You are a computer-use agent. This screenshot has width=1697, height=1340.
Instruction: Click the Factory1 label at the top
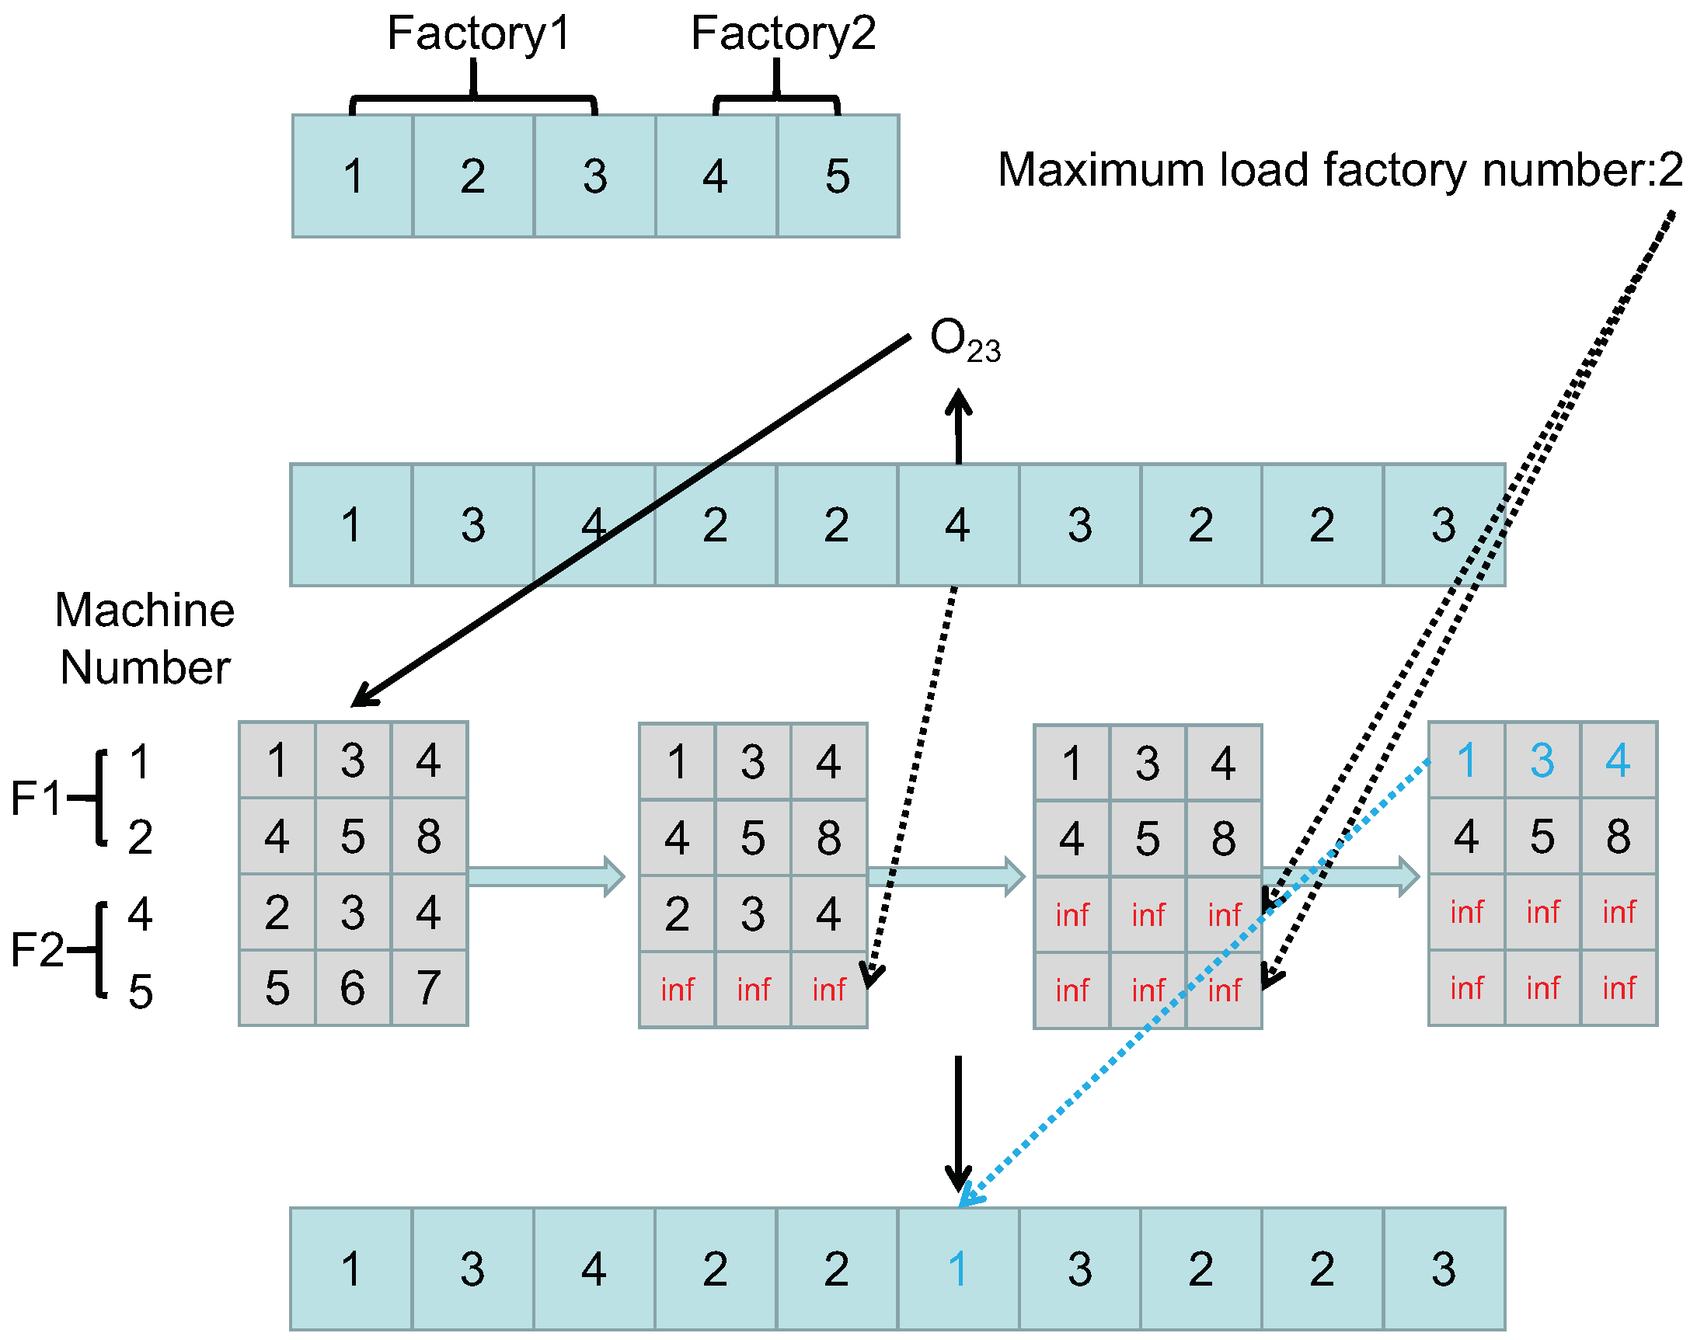478,33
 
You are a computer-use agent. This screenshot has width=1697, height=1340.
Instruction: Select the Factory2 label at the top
782,33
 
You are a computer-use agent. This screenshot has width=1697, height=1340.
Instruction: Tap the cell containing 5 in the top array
837,176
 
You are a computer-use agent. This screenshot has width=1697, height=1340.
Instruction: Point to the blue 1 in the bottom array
957,1269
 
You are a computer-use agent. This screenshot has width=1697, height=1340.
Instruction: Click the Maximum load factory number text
1340,169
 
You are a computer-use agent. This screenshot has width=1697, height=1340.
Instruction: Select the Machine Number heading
145,639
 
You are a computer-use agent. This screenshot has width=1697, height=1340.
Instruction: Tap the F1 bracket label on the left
35,799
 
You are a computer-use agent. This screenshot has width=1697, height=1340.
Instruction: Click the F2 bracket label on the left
35,950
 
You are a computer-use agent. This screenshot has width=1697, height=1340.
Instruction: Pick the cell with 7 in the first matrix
428,988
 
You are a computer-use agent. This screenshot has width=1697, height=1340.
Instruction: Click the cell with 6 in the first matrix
352,988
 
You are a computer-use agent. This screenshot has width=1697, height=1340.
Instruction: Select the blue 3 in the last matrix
1542,760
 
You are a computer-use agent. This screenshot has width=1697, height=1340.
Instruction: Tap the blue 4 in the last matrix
1618,760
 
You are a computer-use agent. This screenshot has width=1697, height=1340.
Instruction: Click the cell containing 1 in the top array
352,176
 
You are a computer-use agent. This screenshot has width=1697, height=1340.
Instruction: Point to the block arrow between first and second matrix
546,876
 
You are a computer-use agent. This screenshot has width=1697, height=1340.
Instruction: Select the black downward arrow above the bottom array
958,1122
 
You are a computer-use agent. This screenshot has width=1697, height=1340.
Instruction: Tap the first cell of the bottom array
350,1269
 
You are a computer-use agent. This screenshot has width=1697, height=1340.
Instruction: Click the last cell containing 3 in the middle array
1443,525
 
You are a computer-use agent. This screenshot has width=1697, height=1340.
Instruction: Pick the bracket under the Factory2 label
776,99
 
